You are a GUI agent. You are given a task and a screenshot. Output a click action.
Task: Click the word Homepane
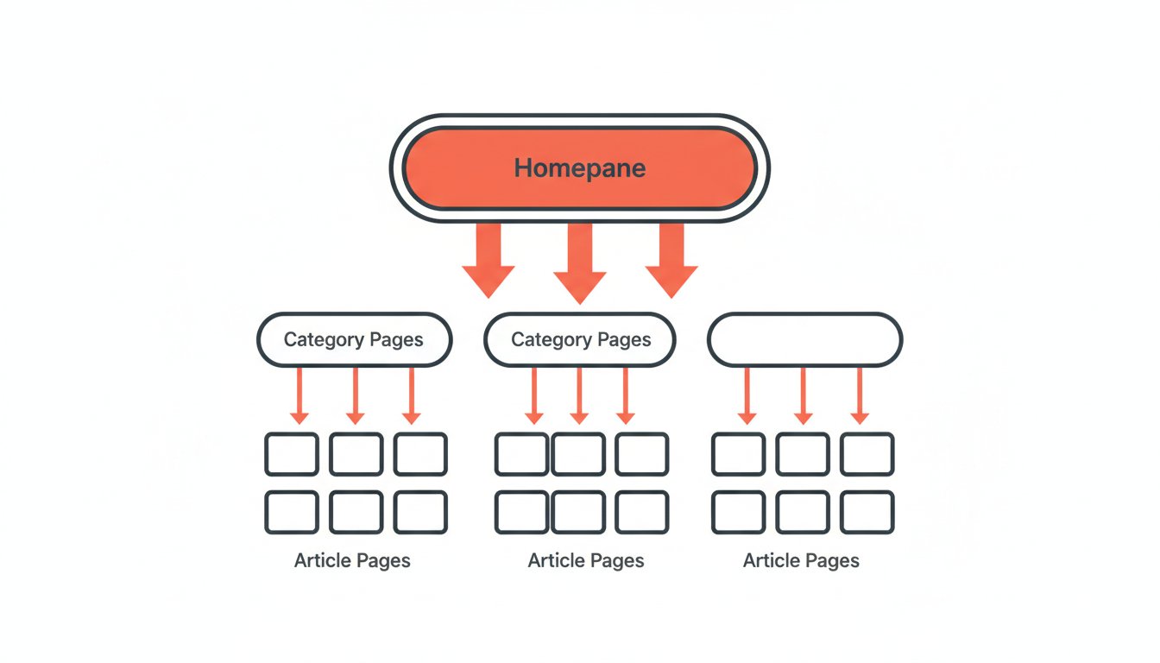point(579,167)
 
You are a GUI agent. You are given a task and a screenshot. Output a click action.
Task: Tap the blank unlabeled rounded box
point(804,340)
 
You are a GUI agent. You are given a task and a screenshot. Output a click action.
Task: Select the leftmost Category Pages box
point(354,340)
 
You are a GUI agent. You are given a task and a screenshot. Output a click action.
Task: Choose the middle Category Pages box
point(580,340)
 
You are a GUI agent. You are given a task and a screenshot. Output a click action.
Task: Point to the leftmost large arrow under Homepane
point(489,259)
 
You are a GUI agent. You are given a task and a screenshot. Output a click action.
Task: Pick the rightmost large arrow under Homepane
point(671,259)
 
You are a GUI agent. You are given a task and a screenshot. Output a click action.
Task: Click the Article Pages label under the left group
point(352,561)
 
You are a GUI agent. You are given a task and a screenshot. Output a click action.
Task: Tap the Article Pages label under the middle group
point(586,561)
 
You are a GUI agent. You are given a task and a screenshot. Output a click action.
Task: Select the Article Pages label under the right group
point(801,561)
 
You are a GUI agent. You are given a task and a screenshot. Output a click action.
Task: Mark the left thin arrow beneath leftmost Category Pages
point(299,395)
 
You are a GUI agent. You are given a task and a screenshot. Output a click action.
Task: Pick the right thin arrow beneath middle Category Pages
point(627,395)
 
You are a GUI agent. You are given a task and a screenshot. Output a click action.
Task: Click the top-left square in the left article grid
point(292,454)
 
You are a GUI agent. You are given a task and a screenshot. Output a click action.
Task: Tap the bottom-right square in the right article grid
point(867,512)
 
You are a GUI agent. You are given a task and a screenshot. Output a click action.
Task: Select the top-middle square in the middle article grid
point(578,454)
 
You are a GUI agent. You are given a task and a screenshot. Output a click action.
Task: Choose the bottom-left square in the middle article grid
point(521,512)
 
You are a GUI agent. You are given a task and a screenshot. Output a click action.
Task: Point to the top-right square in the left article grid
point(420,454)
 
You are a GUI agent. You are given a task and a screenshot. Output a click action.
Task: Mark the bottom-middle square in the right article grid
point(803,512)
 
